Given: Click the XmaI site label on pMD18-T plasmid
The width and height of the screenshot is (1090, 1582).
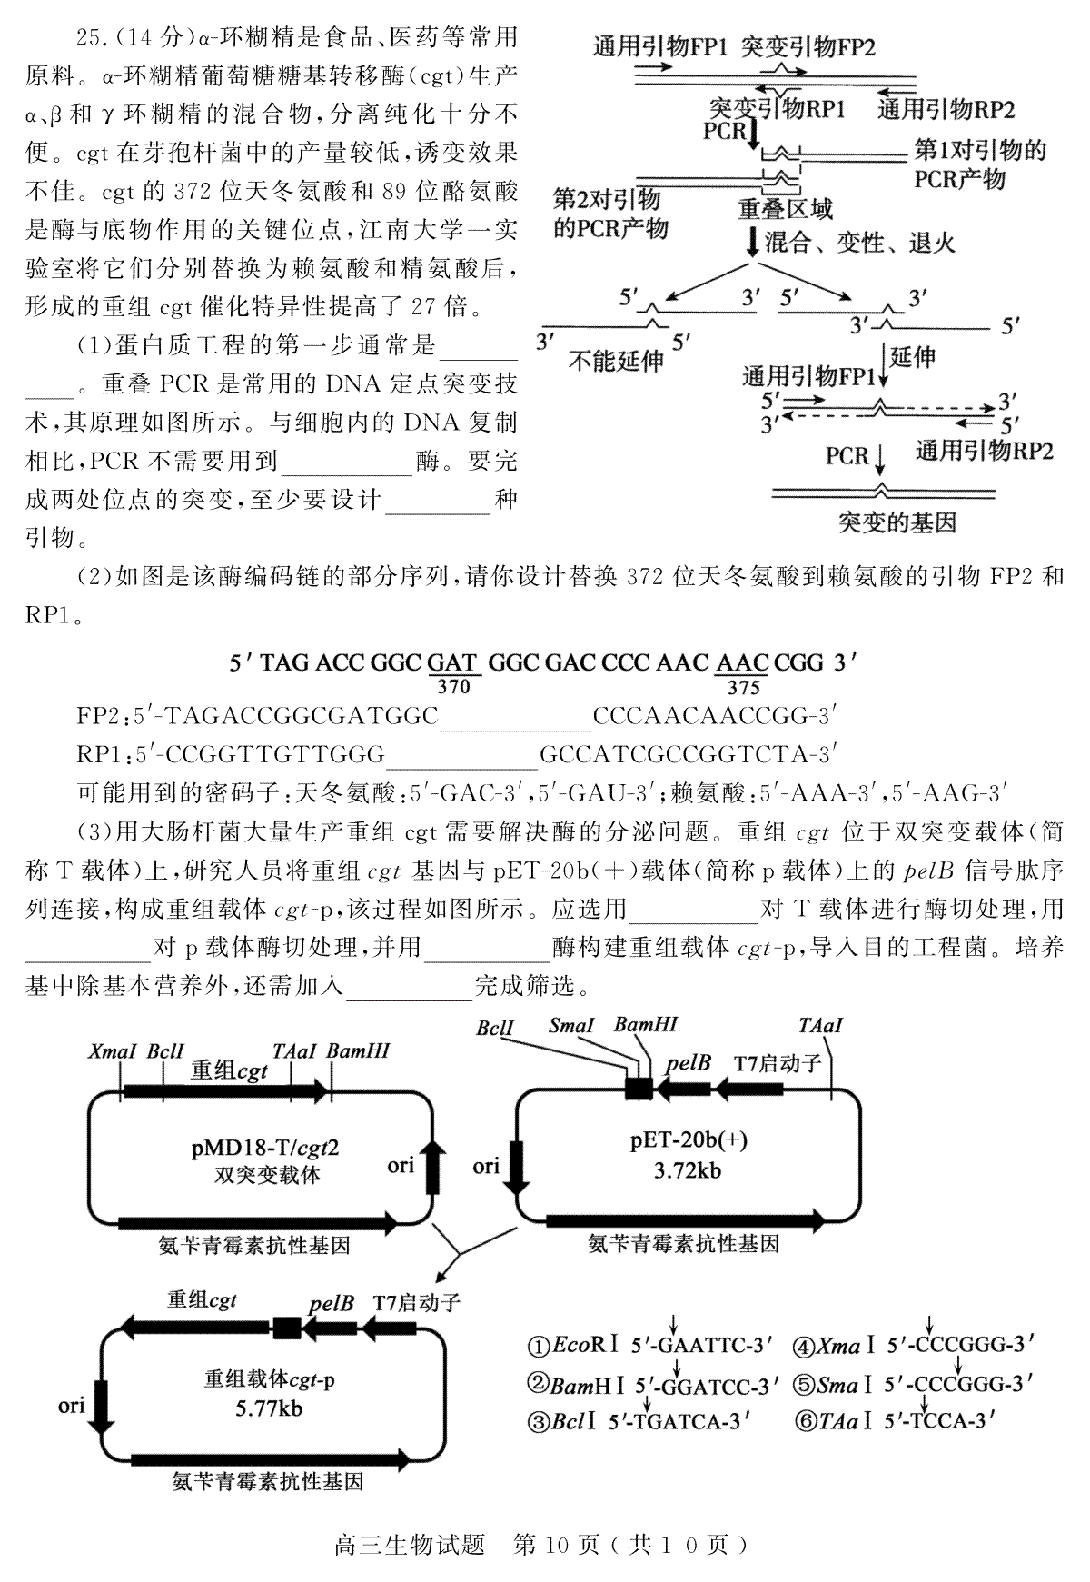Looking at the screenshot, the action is [x=112, y=1051].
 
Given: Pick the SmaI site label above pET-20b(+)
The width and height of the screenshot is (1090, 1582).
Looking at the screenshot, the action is [x=571, y=1026].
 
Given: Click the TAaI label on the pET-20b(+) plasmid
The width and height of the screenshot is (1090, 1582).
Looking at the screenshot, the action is [x=820, y=1026].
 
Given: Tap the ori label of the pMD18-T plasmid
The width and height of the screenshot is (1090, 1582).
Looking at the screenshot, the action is [x=401, y=1165].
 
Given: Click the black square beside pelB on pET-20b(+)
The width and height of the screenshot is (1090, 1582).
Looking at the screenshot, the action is [x=638, y=1088].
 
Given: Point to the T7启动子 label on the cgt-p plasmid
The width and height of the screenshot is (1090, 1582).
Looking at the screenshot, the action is [x=416, y=1303].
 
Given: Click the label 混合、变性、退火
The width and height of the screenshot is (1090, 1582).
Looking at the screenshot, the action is [x=860, y=243].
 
